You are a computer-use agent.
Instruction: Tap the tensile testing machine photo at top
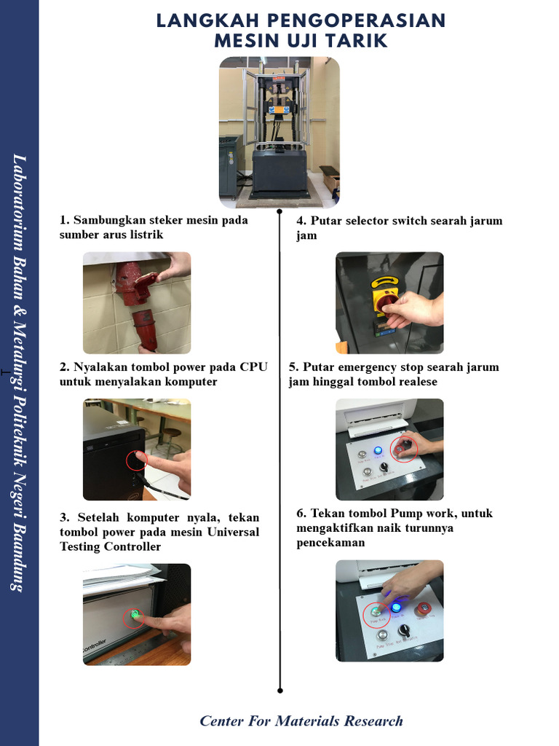pyautogui.click(x=279, y=132)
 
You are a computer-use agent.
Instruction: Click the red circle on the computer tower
pyautogui.click(x=137, y=460)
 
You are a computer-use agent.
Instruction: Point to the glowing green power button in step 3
pyautogui.click(x=134, y=616)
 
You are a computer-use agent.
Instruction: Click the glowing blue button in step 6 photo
pyautogui.click(x=397, y=606)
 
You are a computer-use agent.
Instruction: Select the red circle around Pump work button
pyautogui.click(x=376, y=614)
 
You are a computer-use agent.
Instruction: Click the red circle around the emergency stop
pyautogui.click(x=403, y=448)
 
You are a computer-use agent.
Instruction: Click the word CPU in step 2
pyautogui.click(x=254, y=366)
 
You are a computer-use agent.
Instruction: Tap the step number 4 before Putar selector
pyautogui.click(x=300, y=221)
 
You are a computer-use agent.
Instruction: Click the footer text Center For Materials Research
pyautogui.click(x=301, y=721)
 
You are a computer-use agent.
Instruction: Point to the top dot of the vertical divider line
pyautogui.click(x=279, y=211)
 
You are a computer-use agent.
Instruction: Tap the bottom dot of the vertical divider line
pyautogui.click(x=279, y=690)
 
